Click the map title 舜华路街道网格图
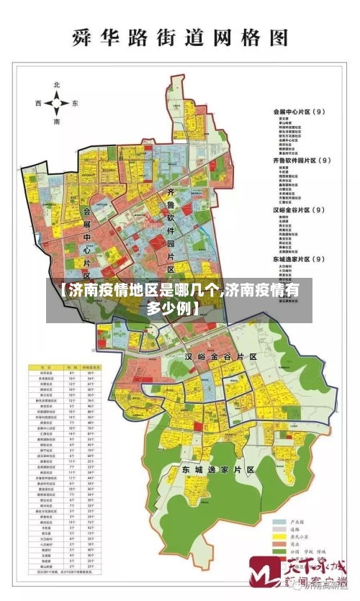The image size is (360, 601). click(180, 37)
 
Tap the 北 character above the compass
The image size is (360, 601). click(57, 86)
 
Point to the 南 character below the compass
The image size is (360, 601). click(57, 122)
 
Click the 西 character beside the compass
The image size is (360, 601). click(38, 104)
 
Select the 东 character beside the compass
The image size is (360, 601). click(75, 104)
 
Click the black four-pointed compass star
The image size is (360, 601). click(57, 104)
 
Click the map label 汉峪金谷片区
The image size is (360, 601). click(220, 356)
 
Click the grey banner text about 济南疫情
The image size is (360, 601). click(180, 300)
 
